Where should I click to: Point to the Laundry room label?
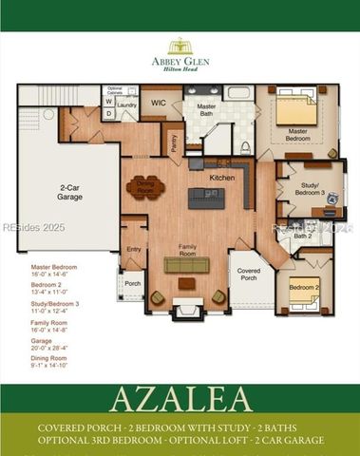127,105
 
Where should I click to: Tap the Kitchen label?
221,178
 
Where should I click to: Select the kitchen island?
206,198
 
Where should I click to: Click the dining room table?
144,185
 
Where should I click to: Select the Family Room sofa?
186,265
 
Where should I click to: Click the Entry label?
133,249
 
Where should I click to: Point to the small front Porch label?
132,283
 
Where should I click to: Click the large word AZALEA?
180,398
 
